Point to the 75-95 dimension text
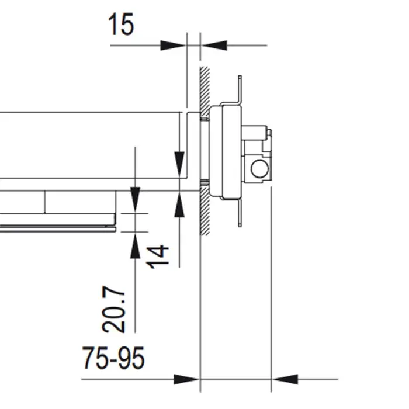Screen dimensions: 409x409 tap(113, 358)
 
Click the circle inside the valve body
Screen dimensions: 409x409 tap(259, 169)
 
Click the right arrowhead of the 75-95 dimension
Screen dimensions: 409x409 tap(285, 379)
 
